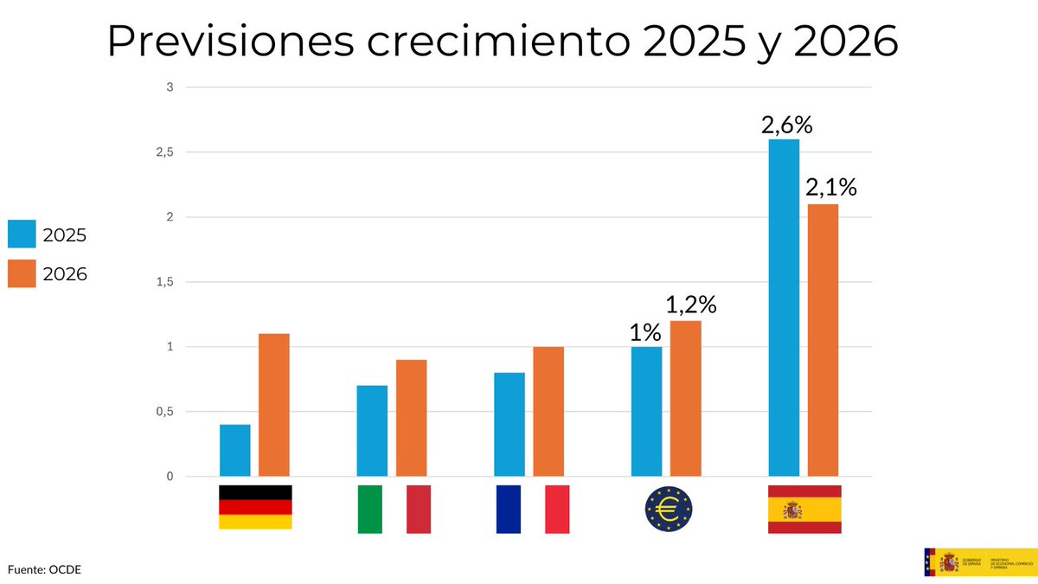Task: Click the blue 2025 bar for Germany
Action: point(235,450)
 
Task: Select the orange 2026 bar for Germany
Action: point(274,405)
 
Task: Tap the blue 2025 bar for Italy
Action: point(372,431)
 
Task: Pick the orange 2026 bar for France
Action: point(548,411)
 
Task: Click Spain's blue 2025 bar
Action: point(784,307)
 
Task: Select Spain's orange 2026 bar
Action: point(823,339)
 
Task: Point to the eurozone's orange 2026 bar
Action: point(686,398)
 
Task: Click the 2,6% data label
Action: point(786,125)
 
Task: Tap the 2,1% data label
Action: point(830,188)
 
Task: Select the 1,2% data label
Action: point(691,305)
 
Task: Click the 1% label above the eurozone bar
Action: point(645,332)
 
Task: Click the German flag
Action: point(255,507)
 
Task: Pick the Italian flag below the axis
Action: point(394,509)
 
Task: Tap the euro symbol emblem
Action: point(669,509)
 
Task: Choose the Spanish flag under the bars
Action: point(804,509)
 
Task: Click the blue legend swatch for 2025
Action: point(22,234)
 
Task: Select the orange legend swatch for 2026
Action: point(22,273)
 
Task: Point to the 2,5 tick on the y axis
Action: point(165,152)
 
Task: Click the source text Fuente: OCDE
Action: point(44,569)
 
